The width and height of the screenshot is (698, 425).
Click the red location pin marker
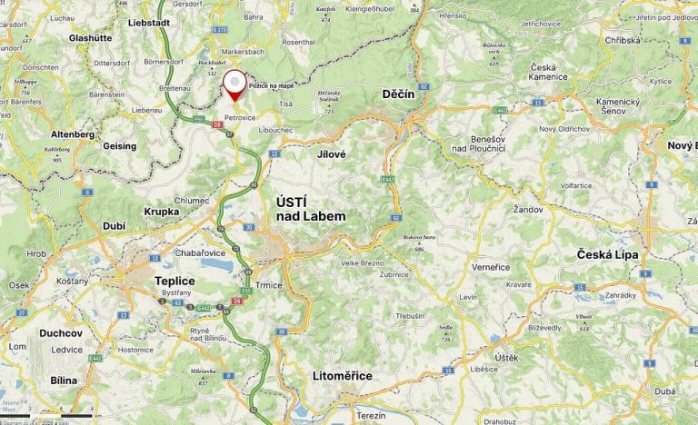pyautogui.click(x=235, y=84)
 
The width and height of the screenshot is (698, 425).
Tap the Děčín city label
pyautogui.click(x=398, y=94)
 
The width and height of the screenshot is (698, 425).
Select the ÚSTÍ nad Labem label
pyautogui.click(x=310, y=209)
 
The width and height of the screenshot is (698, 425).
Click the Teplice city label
pyautogui.click(x=174, y=281)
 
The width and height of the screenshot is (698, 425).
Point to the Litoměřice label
pyautogui.click(x=342, y=375)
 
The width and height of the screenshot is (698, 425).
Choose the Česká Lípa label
pyautogui.click(x=608, y=254)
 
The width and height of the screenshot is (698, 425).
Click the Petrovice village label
pyautogui.click(x=239, y=117)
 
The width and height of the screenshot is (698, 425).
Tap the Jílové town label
pyautogui.click(x=332, y=154)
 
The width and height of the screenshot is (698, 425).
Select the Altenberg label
pyautogui.click(x=73, y=133)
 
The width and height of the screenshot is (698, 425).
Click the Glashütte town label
pyautogui.click(x=90, y=38)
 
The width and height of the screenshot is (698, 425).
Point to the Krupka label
pyautogui.click(x=162, y=211)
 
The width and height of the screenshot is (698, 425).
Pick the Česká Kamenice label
pyautogui.click(x=543, y=72)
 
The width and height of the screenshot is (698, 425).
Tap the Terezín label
pyautogui.click(x=371, y=415)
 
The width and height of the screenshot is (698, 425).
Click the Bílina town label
pyautogui.click(x=64, y=381)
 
